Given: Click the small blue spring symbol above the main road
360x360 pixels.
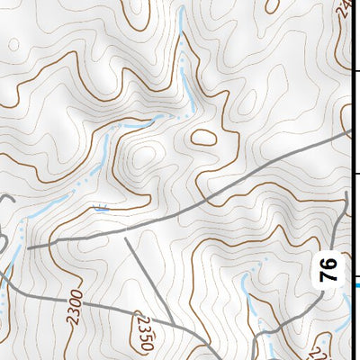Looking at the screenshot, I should pos(101,208).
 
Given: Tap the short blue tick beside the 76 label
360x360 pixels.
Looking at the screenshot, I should pos(355,285).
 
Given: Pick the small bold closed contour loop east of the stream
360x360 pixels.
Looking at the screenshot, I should pos(203,138).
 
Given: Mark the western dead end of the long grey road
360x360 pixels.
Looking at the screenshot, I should pos(30,246).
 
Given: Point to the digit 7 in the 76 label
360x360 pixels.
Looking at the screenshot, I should pos(328,274).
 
